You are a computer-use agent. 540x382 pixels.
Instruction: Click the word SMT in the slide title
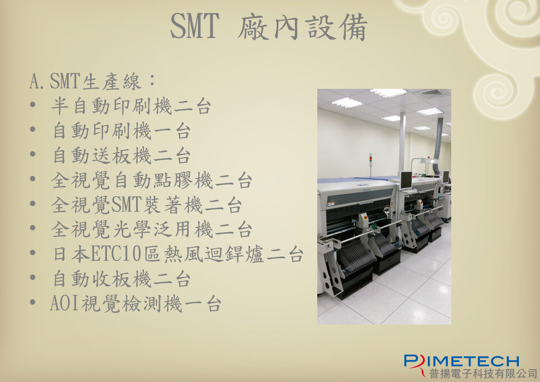coord(195,26)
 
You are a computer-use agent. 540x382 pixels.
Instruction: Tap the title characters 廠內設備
coord(303,27)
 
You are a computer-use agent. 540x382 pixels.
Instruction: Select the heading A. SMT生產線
coord(92,81)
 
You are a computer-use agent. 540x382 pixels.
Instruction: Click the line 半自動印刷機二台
coord(131,106)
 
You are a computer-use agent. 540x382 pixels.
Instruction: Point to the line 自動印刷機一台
coord(122,131)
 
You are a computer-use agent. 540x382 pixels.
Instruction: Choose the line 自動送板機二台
coord(122,156)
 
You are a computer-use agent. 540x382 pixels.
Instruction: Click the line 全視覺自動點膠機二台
coord(152,180)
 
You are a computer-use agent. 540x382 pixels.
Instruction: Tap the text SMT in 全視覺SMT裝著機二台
coord(126,205)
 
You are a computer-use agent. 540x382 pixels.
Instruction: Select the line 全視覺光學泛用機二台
coord(152,229)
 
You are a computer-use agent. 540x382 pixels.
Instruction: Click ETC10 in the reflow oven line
coord(116,254)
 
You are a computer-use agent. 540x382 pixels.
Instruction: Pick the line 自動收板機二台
coord(122,279)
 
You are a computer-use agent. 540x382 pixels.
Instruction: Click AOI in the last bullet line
coord(64,304)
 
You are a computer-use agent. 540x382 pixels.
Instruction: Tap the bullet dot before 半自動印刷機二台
coord(33,105)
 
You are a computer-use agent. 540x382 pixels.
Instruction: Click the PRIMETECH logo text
coord(462,362)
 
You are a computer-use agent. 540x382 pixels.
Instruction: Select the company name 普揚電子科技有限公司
coord(483,374)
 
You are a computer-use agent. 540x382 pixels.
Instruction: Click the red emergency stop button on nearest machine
coord(366,217)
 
